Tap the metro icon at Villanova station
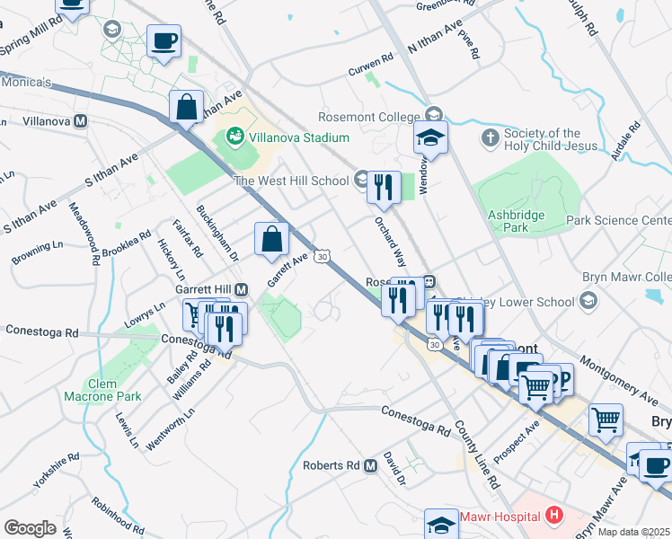click(x=81, y=120)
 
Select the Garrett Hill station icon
click(x=242, y=289)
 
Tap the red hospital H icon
click(x=553, y=516)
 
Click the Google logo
click(x=30, y=528)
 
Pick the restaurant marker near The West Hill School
click(x=385, y=186)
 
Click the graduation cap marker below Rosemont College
click(x=431, y=138)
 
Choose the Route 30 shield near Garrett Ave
click(x=322, y=257)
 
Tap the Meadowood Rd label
click(x=84, y=234)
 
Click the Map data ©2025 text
click(x=634, y=532)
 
